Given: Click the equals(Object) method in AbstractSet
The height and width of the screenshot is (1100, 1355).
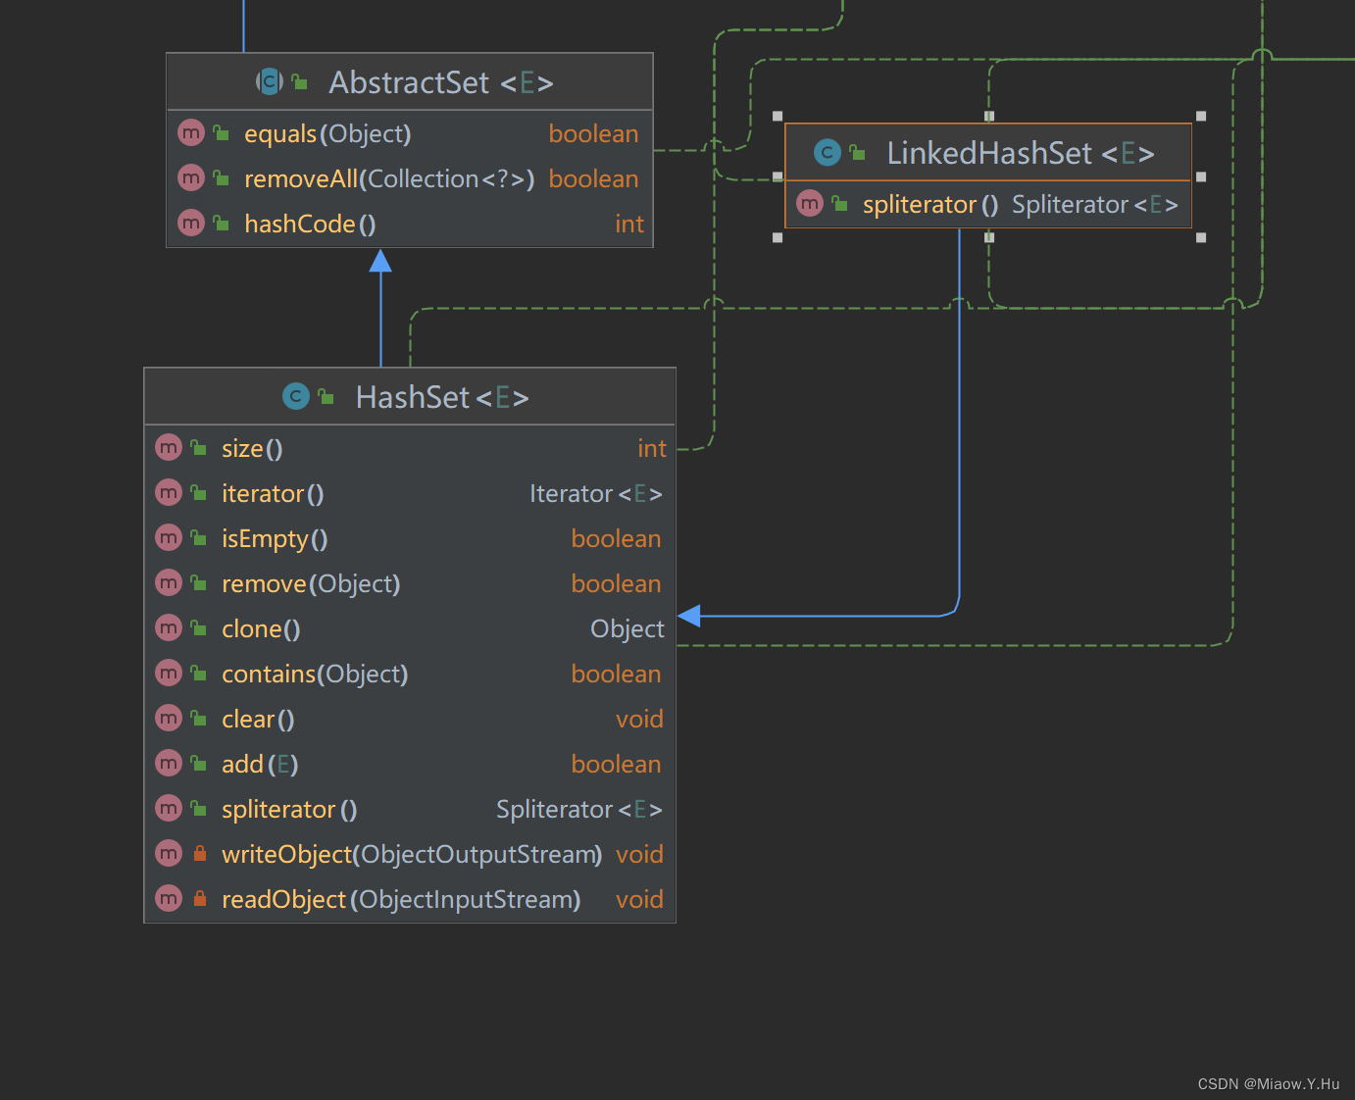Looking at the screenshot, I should pos(327,133).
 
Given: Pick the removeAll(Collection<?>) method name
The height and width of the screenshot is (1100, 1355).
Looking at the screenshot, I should pos(389,178).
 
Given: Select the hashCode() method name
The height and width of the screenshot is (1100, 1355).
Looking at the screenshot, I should pos(310,224).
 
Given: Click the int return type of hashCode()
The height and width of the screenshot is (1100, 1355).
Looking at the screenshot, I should pos(629,224).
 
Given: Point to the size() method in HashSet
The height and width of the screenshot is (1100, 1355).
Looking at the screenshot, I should pos(252,448).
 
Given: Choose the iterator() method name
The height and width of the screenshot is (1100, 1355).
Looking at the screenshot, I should pos(273,493).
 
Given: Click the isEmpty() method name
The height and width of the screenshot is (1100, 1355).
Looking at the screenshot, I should pos(275,538).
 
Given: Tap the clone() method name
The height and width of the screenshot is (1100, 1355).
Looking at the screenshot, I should pos(261,628).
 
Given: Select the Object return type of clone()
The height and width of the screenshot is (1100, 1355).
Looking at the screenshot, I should pos(627,628).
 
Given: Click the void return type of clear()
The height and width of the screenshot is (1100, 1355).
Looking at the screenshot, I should pos(639,719).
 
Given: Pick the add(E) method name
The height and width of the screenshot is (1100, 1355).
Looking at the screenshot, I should pos(260,764).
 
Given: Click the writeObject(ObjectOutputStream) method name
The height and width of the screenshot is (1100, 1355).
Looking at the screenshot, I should pos(412,854).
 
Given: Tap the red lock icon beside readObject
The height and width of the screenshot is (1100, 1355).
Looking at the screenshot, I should pos(200,898).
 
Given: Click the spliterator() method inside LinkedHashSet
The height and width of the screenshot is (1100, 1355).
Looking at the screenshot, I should pos(929,204).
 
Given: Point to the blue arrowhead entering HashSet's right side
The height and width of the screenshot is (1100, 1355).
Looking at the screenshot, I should pos(689,616).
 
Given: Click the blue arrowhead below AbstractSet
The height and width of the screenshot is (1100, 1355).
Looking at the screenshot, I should pos(380,261).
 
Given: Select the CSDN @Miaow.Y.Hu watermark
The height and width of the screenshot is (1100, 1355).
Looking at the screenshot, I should pos(1268,1083).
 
